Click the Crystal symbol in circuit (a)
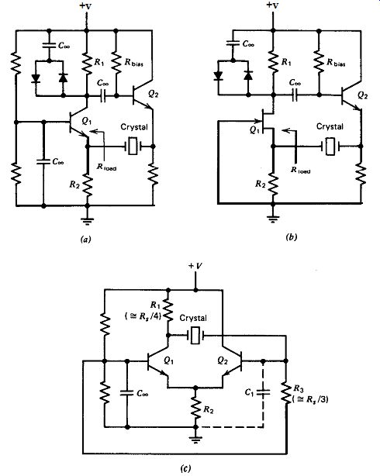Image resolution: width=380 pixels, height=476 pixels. tap(132, 147)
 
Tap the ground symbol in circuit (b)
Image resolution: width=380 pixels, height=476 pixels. tap(273, 218)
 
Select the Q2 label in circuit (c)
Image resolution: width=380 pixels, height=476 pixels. tap(223, 360)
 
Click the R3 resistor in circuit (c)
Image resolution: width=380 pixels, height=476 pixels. tap(285, 392)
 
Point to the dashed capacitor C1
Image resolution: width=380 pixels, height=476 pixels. tap(263, 392)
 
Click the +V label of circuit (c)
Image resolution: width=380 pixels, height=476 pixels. tap(195, 266)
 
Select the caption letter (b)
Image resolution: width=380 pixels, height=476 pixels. tap(292, 237)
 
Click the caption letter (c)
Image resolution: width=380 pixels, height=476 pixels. tap(186, 468)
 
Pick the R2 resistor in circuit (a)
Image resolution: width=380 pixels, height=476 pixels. tap(87, 185)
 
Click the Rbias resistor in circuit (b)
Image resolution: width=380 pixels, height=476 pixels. tap(319, 62)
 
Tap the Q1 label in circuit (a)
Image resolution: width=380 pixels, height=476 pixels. tap(87, 121)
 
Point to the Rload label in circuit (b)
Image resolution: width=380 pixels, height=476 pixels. tap(300, 171)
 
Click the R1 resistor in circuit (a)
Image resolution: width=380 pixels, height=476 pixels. tap(87, 64)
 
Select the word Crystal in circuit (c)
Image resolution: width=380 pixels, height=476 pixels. tap(193, 318)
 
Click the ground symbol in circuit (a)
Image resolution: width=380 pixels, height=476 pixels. tap(87, 221)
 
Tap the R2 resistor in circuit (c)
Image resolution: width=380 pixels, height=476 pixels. tap(195, 409)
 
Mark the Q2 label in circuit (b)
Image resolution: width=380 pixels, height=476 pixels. tap(362, 95)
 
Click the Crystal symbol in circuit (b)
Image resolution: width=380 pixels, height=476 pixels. tap(330, 147)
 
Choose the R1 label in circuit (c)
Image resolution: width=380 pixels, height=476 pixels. tap(155, 305)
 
